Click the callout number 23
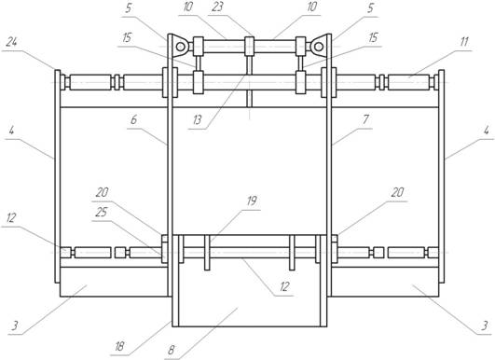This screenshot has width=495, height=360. pos(217,7)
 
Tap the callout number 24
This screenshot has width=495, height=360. pos(11,42)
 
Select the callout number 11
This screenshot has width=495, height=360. pos(463,42)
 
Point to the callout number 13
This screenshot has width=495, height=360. pos(198,120)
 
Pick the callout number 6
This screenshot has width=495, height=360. pos(134,120)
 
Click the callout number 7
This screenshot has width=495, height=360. pos(365,119)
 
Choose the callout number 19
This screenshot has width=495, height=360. pos(252,201)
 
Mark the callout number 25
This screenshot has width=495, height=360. pos(102,213)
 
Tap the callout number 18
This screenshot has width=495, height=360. pos(119,347)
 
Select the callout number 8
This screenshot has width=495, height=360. pos(171,350)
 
